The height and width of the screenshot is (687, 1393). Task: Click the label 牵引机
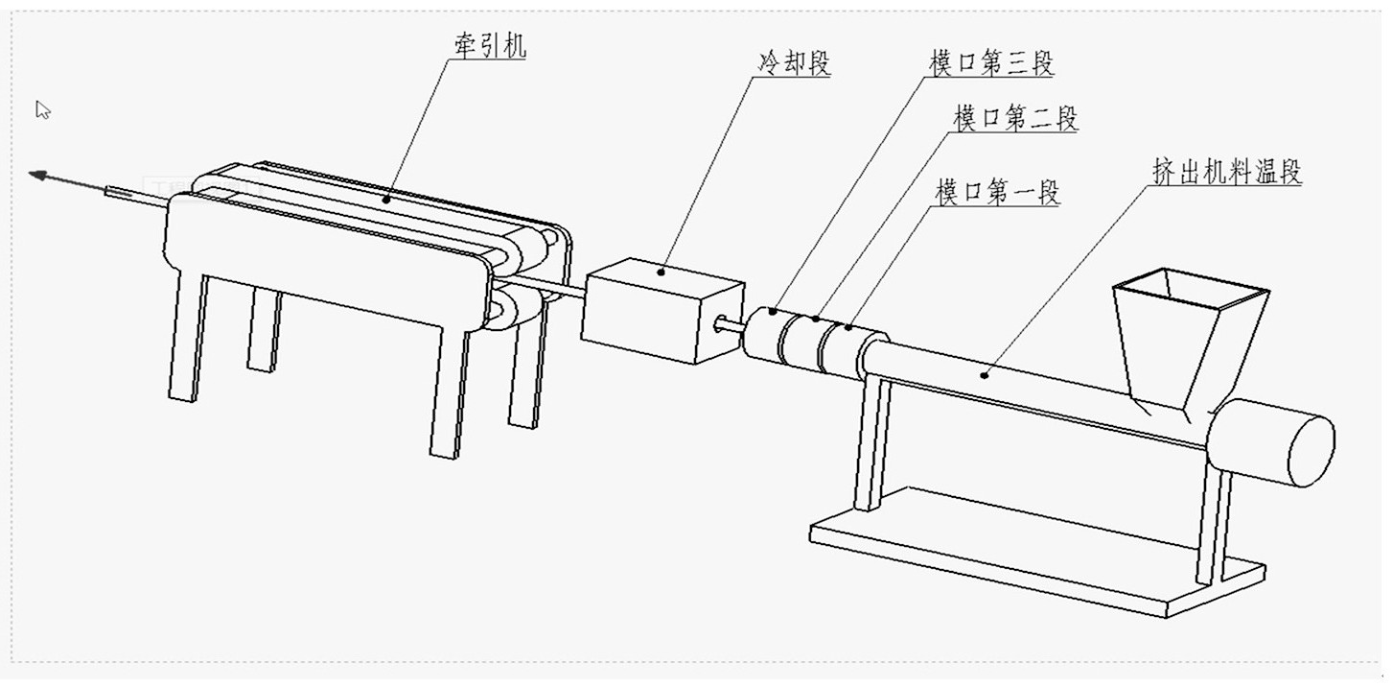(x=490, y=46)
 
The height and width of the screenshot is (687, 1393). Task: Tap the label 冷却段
(x=794, y=63)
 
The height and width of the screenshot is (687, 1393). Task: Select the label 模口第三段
(x=991, y=63)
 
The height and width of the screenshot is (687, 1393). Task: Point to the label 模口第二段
(x=1015, y=118)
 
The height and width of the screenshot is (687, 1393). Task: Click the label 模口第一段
(x=998, y=192)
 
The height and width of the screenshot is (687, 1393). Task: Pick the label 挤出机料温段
(x=1226, y=173)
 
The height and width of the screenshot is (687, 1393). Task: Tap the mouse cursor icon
(x=42, y=109)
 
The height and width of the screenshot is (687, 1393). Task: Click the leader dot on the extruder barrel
(x=985, y=375)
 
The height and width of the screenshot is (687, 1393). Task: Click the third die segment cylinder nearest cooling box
(x=764, y=335)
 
